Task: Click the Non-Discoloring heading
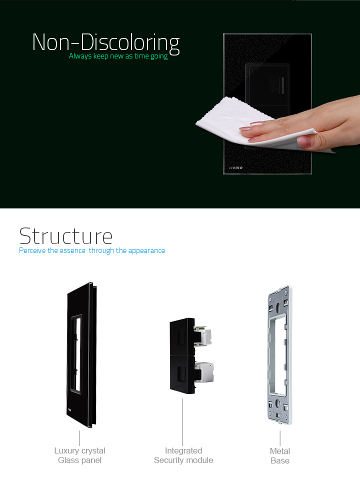[x=106, y=43]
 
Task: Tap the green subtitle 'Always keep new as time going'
[x=118, y=56]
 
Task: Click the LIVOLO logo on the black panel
[x=236, y=168]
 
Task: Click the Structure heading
[x=66, y=236]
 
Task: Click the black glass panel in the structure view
[x=82, y=354]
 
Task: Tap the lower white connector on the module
[x=204, y=372]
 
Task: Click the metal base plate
[x=279, y=355]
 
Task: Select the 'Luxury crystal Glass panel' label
[x=79, y=455]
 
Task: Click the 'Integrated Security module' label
[x=183, y=455]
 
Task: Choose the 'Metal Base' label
[x=280, y=455]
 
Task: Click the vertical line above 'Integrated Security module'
[x=182, y=422]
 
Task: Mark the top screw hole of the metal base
[x=278, y=307]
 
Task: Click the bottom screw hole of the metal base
[x=278, y=403]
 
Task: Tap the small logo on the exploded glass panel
[x=69, y=410]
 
